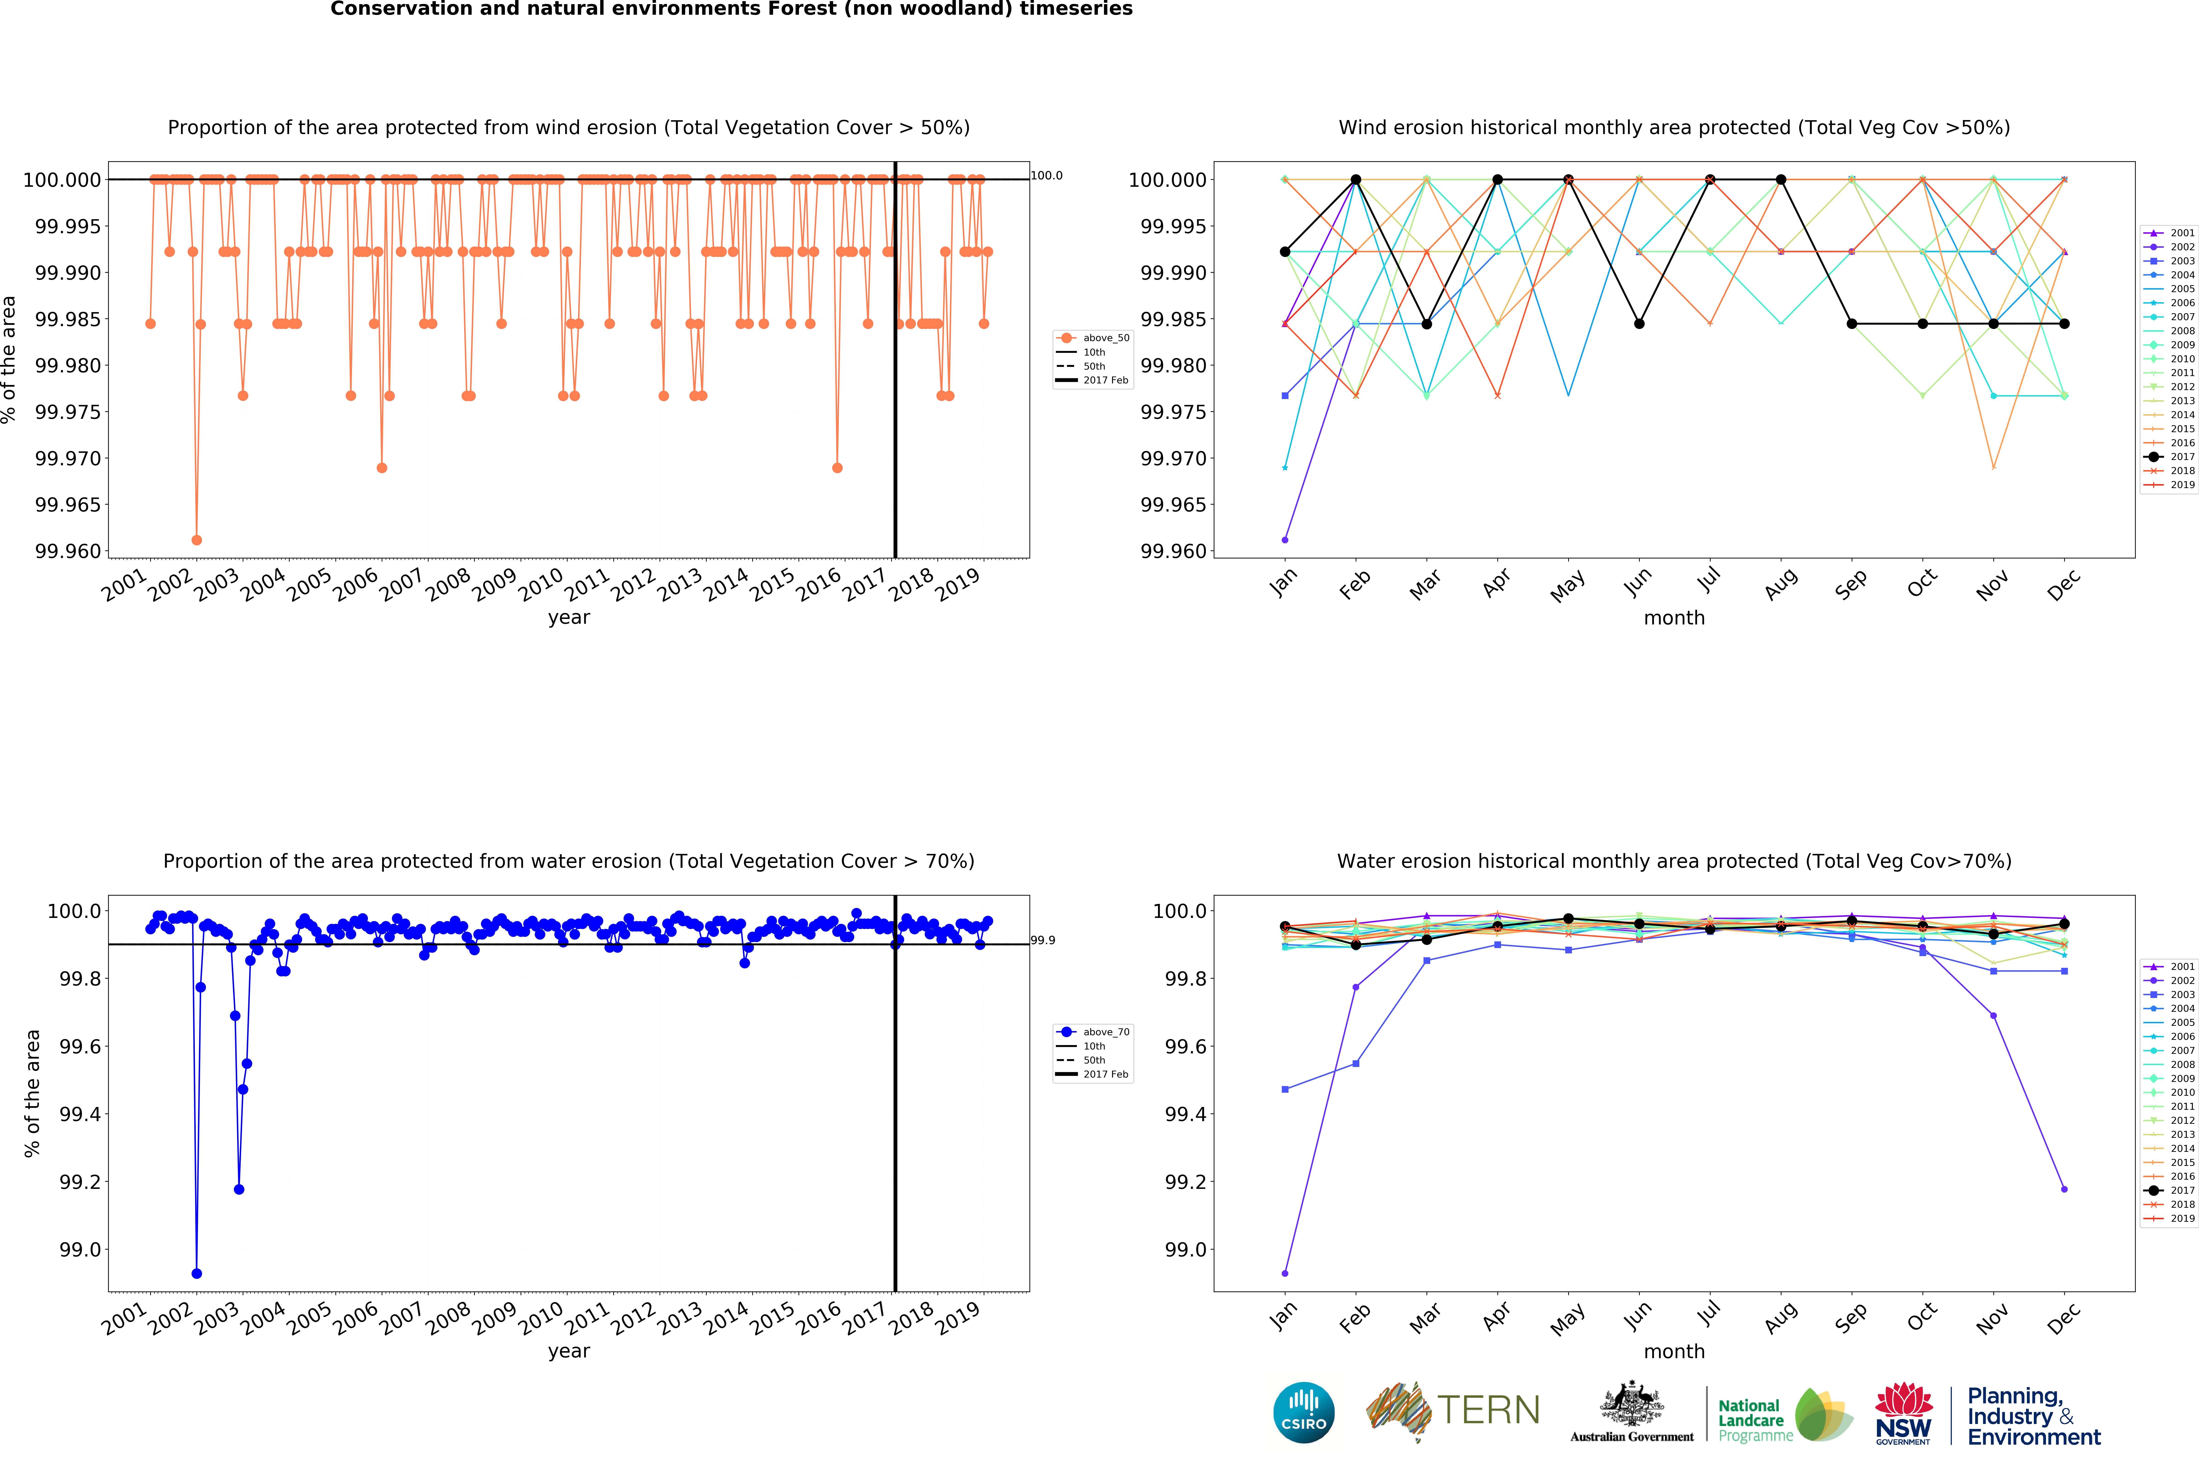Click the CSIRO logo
tap(1303, 1412)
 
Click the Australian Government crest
tap(1632, 1405)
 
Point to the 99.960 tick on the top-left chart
tap(67, 551)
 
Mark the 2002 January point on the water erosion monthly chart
tap(1285, 1273)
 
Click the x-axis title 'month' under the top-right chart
tap(1673, 617)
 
